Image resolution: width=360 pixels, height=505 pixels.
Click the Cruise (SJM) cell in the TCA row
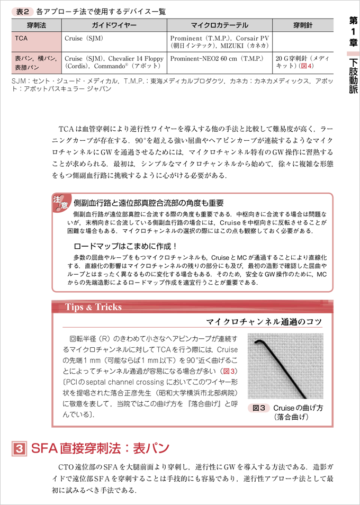click(83, 39)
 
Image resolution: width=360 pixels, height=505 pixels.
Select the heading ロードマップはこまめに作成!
click(125, 246)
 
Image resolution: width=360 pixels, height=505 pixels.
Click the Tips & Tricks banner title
click(93, 307)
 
